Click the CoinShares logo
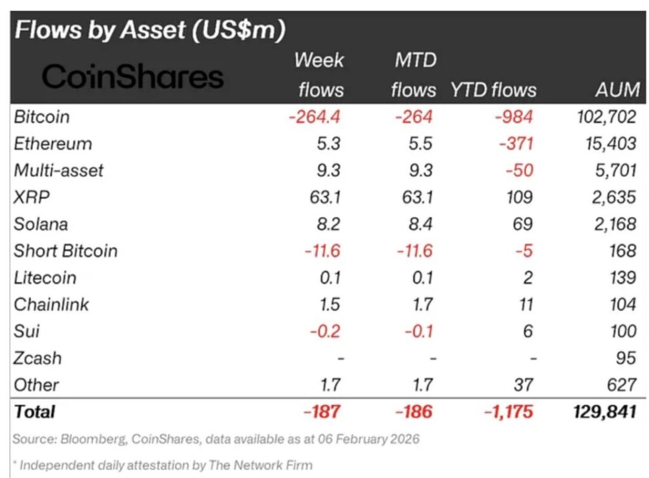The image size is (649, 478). (x=132, y=77)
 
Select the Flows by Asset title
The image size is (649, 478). (x=150, y=29)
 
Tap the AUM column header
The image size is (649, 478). (x=617, y=89)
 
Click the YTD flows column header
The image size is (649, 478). (x=493, y=89)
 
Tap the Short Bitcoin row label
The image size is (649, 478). (x=65, y=250)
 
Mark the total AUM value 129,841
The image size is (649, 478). (x=605, y=411)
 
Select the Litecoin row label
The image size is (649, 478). (x=44, y=278)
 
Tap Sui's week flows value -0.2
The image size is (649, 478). (x=326, y=331)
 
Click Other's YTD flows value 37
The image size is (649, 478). (x=523, y=384)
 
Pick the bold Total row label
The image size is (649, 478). (x=34, y=411)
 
